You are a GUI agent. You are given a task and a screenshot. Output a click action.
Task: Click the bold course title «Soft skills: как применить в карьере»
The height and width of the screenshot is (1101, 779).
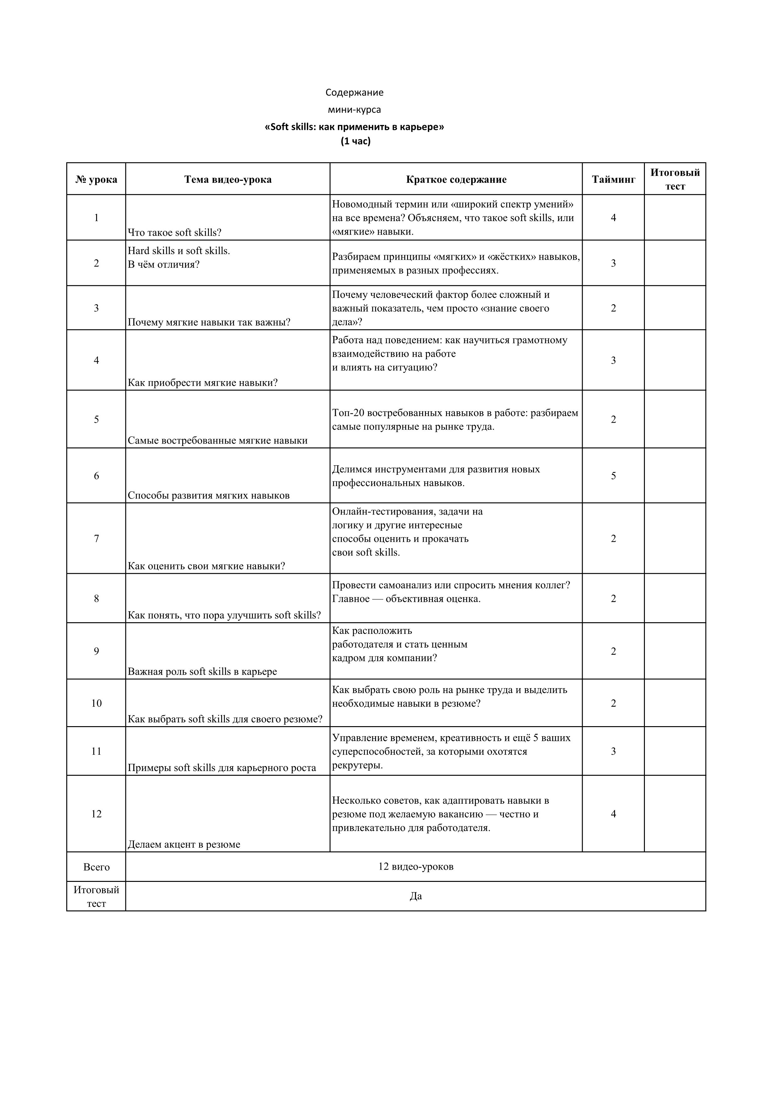(355, 127)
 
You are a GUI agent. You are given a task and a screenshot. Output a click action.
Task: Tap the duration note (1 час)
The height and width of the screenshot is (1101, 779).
(356, 142)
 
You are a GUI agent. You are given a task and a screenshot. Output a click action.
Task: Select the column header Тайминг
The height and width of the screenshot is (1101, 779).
(613, 179)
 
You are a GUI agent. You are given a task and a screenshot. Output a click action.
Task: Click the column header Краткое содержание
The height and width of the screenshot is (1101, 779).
(456, 179)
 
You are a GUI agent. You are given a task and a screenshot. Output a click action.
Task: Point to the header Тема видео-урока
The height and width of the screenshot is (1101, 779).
(228, 179)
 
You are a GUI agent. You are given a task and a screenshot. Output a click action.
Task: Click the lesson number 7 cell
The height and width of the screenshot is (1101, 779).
(96, 538)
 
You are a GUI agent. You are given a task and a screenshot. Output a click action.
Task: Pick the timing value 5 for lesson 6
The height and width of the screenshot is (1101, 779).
(613, 476)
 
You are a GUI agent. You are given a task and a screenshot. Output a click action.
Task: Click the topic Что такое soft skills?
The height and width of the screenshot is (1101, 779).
(175, 233)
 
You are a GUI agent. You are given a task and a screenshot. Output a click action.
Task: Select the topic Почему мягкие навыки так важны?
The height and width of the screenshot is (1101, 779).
(209, 322)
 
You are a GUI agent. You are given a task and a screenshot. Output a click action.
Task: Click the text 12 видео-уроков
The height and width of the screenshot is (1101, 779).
(415, 866)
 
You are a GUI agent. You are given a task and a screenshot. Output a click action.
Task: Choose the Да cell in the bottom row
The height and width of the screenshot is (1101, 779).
(415, 896)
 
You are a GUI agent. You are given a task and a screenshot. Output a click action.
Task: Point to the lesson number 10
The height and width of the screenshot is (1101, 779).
(96, 703)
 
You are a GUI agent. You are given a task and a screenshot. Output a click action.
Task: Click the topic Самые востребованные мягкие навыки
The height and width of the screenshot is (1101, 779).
(217, 440)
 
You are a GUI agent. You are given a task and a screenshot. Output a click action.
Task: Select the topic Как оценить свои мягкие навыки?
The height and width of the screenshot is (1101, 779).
(206, 566)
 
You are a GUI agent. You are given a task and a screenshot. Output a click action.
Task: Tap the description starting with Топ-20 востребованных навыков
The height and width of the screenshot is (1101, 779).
(455, 420)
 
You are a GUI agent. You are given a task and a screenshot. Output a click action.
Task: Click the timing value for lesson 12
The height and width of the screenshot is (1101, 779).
(613, 814)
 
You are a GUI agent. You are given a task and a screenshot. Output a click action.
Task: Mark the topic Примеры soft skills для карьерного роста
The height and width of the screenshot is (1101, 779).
(222, 768)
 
